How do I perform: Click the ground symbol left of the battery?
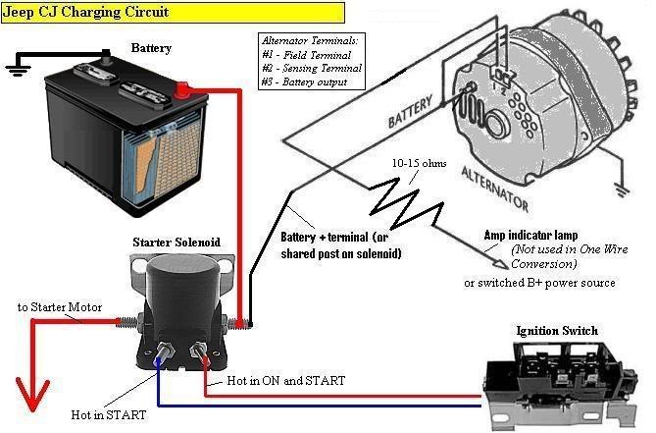click(16, 70)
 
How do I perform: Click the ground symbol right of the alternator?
click(620, 188)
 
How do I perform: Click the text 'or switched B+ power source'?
click(539, 283)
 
